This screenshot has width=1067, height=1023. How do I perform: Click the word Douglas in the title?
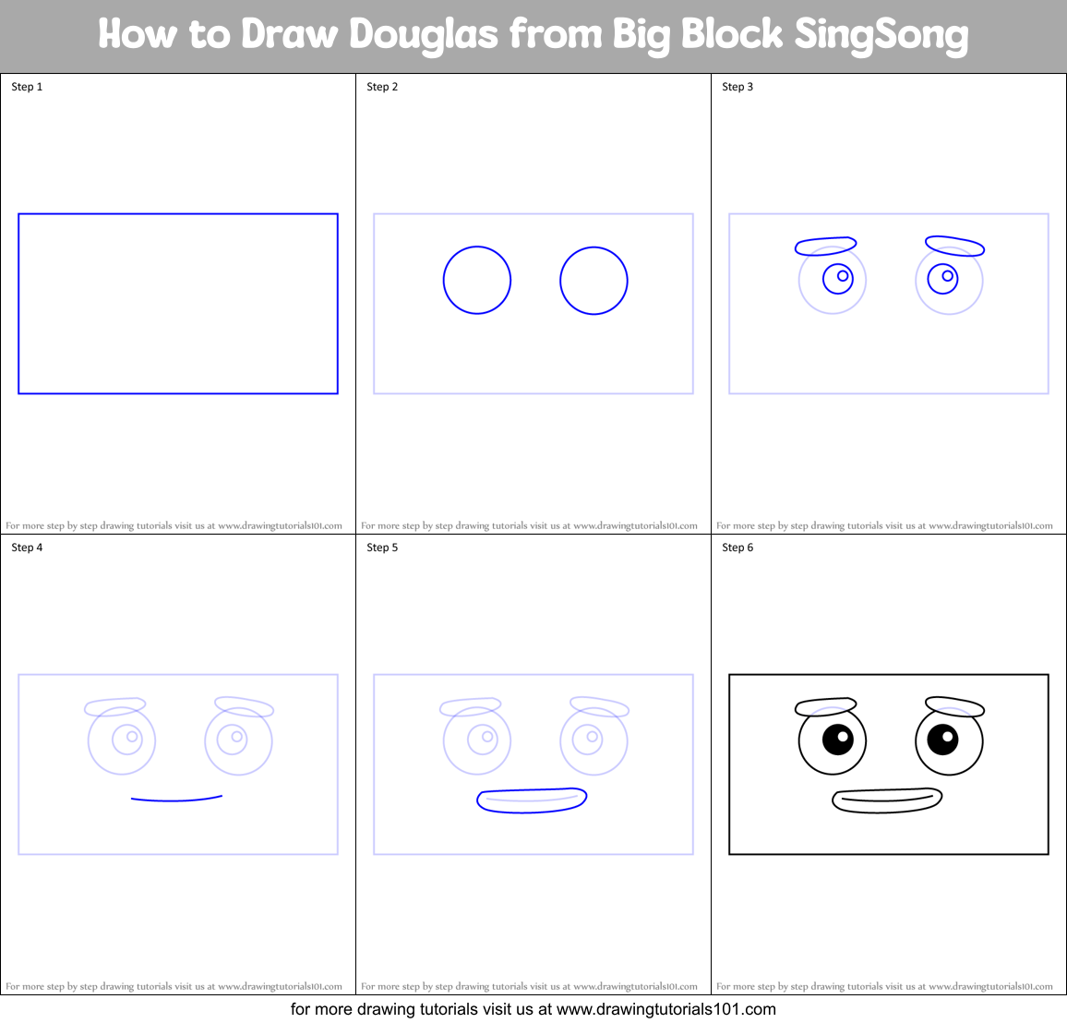424,35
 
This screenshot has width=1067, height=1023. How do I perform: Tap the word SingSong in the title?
881,35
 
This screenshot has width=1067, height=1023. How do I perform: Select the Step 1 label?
27,87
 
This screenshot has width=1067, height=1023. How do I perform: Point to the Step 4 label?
27,548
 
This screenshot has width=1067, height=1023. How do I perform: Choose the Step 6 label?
737,548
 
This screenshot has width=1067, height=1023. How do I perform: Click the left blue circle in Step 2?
477,281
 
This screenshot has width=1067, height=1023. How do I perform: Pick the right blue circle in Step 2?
593,281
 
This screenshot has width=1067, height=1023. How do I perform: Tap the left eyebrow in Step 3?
825,246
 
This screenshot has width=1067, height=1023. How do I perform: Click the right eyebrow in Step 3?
954,246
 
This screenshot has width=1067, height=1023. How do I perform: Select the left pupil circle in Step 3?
838,278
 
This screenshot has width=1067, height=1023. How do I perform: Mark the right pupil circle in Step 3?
942,278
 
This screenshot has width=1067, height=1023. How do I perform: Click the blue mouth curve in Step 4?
176,799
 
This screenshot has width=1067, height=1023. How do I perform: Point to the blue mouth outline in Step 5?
532,800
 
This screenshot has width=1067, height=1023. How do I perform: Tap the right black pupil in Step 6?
942,739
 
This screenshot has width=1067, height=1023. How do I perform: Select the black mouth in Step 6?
887,800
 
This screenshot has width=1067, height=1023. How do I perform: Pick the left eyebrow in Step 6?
825,706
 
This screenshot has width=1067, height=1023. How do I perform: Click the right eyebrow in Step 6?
954,707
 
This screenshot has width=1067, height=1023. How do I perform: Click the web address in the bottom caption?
666,1009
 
